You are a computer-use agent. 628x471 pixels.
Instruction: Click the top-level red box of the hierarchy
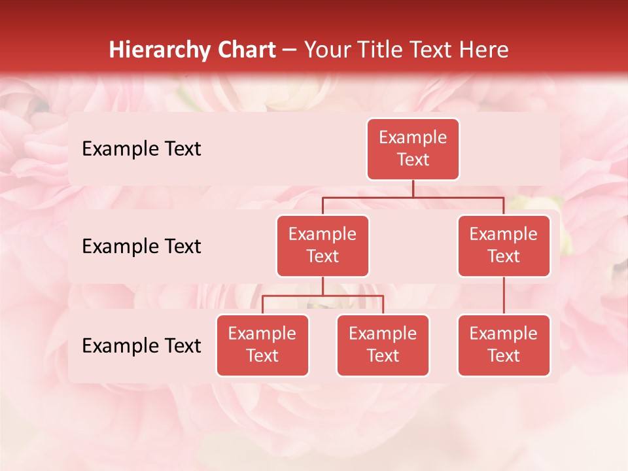coord(413,149)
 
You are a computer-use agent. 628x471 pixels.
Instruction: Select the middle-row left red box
coord(323,246)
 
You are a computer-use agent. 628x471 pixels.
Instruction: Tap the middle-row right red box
coord(504,246)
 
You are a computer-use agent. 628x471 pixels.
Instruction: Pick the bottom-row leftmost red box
coord(262,345)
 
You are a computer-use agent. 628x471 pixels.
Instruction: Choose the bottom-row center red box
coord(383,345)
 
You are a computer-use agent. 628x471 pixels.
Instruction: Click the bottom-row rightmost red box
coord(504,345)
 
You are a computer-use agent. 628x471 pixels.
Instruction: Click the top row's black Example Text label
coord(141,149)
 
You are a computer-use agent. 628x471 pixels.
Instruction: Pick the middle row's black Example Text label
coord(141,247)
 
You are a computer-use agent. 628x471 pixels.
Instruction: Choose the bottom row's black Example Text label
coord(141,346)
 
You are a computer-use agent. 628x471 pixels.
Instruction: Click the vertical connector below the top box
coord(413,188)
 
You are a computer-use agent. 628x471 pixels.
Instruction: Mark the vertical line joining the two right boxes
coord(504,296)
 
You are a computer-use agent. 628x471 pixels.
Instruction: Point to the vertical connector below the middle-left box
coord(323,286)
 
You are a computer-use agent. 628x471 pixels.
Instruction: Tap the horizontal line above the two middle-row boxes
coord(413,197)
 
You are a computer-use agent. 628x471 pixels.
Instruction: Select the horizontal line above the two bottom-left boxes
coord(323,296)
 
